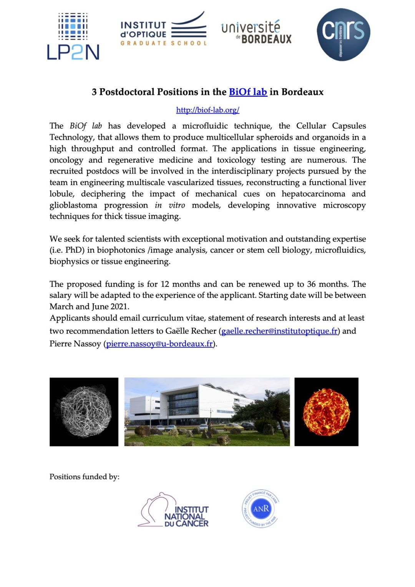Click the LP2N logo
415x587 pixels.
(73, 36)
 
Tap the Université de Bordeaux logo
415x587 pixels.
(256, 32)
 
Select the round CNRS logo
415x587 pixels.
(343, 34)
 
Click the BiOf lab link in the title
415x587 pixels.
(248, 92)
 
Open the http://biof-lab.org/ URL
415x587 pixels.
(207, 110)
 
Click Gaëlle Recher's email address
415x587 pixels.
(279, 331)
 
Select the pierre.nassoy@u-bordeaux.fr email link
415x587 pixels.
(159, 344)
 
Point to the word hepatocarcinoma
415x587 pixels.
(313, 194)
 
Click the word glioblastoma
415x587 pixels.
(73, 205)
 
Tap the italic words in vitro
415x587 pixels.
(170, 205)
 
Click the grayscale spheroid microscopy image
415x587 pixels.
(84, 412)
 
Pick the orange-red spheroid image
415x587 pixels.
(326, 412)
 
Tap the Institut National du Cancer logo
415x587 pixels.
(174, 511)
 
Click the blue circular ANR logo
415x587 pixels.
(261, 509)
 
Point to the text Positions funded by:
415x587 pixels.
(85, 477)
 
